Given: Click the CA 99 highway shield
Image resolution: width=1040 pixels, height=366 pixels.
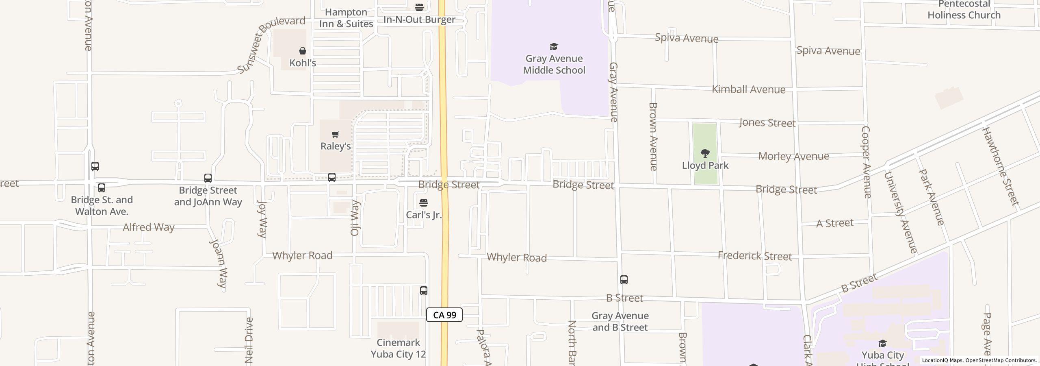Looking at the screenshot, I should [x=444, y=315].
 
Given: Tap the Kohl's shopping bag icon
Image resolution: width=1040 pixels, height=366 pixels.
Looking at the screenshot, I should [x=303, y=51].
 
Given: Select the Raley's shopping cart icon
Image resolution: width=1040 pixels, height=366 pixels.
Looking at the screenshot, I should [x=336, y=135].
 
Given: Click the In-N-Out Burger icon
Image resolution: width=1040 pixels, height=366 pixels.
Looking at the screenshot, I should [x=419, y=7].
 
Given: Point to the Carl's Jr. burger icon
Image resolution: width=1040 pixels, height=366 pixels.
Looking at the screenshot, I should [x=424, y=203].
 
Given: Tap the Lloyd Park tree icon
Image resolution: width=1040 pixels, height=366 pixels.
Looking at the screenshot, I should [x=705, y=153].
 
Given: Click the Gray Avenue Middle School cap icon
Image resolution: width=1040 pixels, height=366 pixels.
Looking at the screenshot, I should [x=554, y=46].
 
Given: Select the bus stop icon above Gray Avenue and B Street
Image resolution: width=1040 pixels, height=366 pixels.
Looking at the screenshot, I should [x=624, y=280].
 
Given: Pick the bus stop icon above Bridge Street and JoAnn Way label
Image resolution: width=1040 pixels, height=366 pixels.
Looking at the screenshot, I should [x=208, y=178].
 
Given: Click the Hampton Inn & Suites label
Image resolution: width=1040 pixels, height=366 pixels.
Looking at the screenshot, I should [x=346, y=18].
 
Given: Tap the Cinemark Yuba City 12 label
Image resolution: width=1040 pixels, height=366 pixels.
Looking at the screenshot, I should [x=398, y=349].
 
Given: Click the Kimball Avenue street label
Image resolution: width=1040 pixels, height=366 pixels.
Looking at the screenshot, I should [x=749, y=89].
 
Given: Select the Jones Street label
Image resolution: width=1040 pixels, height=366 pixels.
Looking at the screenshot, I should [x=767, y=123].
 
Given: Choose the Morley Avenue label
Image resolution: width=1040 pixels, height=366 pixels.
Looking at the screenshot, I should [x=793, y=156].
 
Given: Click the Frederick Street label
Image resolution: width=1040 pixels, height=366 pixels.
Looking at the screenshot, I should [x=755, y=256].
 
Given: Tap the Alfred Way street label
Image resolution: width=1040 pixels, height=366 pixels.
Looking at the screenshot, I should [x=149, y=227].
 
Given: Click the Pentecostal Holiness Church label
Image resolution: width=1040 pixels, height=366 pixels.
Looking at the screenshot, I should [x=964, y=10].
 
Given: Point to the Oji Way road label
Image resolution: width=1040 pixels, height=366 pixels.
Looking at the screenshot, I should [x=355, y=218].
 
